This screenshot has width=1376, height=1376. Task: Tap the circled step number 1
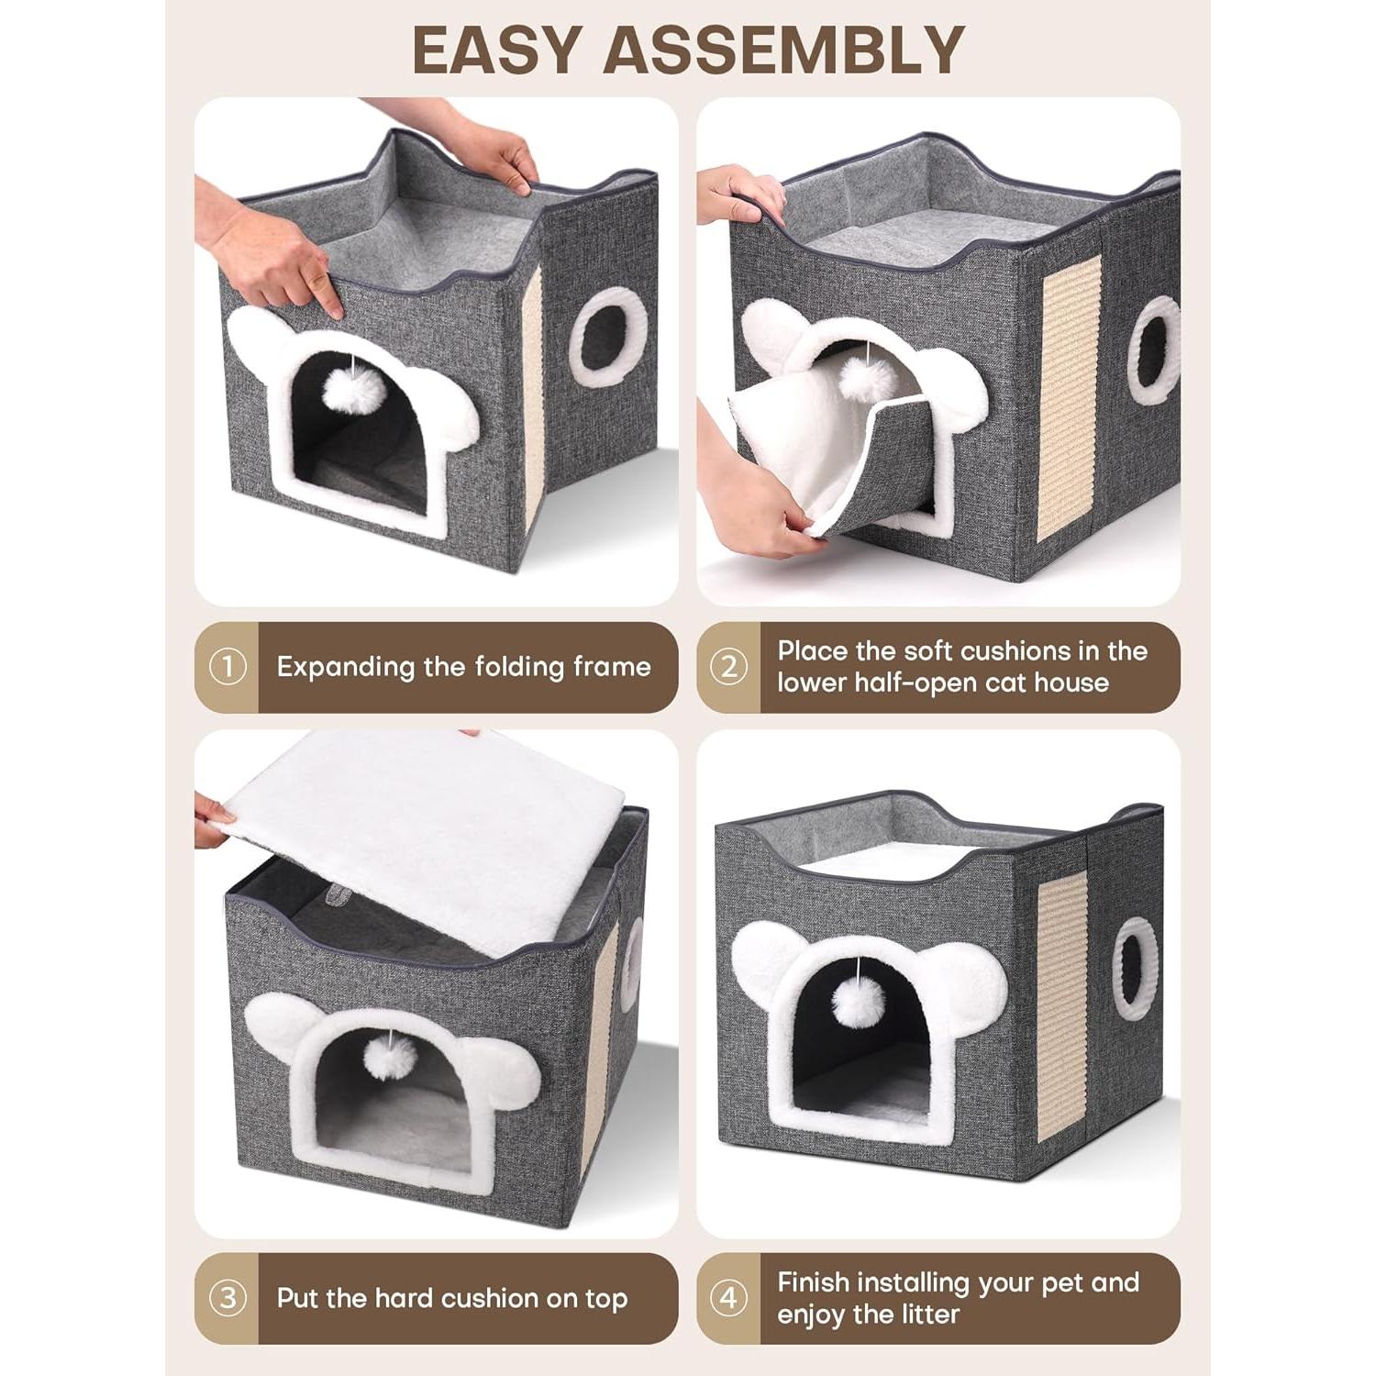[x=227, y=667]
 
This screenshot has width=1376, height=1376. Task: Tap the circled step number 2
[x=728, y=667]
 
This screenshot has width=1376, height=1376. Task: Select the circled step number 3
[x=227, y=1298]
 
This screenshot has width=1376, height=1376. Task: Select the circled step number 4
[x=728, y=1298]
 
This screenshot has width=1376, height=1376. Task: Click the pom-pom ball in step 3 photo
[x=392, y=1058]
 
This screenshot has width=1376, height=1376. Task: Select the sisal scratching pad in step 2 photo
[x=1068, y=399]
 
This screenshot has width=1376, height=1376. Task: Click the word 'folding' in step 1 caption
[x=514, y=667]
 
